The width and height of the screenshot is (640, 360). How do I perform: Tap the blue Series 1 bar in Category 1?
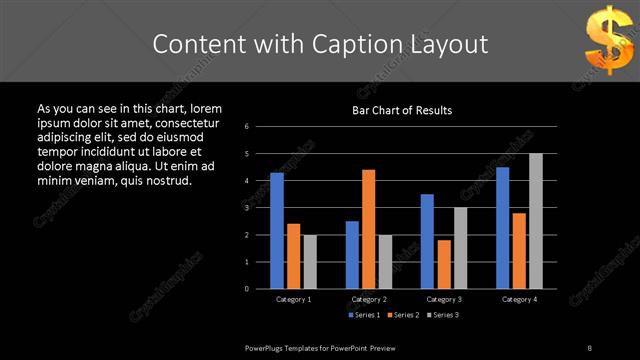point(277,230)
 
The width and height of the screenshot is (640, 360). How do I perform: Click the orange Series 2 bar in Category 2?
point(368,229)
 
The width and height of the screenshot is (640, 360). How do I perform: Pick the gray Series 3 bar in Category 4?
point(535,221)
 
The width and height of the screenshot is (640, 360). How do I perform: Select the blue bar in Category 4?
point(502,227)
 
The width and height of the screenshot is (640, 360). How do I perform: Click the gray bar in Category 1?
point(310,261)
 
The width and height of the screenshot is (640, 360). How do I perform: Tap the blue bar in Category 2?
point(352,254)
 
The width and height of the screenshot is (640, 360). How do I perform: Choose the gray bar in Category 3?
point(460,248)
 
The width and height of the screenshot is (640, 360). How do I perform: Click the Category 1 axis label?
point(293,299)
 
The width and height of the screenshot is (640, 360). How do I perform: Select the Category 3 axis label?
point(443,299)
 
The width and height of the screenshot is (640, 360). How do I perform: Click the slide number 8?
point(590,346)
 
